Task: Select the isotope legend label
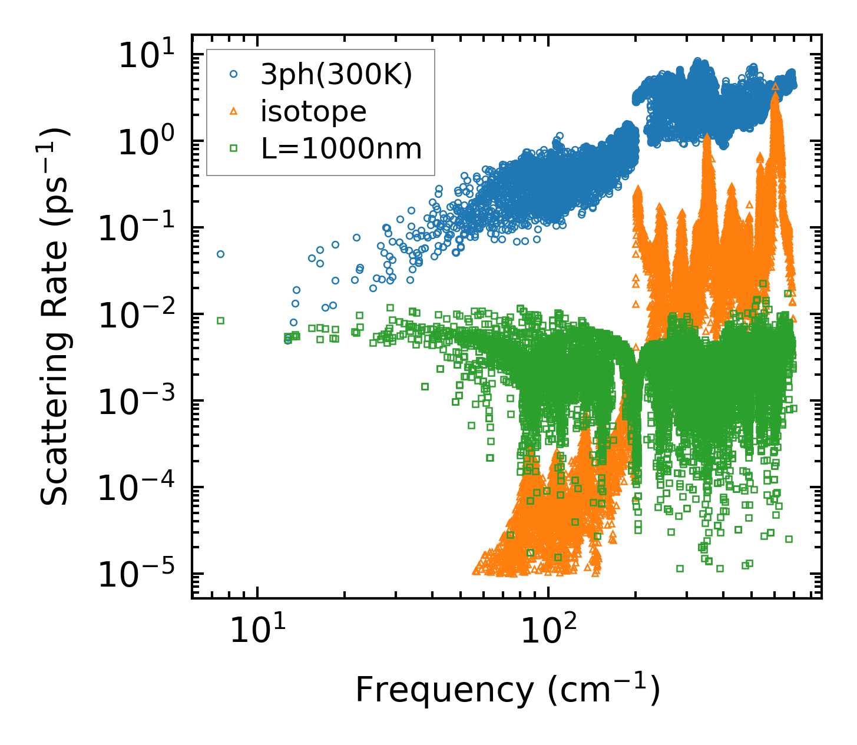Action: point(313,111)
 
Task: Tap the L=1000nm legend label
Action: point(342,149)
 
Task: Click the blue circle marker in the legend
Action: point(234,74)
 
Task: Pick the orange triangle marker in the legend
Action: point(234,111)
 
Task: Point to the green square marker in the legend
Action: point(234,148)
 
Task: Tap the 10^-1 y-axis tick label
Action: point(142,228)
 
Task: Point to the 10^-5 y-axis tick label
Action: point(142,574)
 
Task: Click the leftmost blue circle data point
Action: point(220,254)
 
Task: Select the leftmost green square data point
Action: point(220,320)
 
